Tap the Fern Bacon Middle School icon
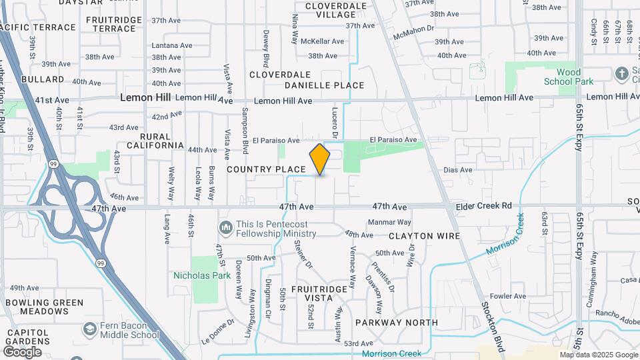89,329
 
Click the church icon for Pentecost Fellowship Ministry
225,229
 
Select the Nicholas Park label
202,275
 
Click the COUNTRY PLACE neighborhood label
266,169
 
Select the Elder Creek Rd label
484,206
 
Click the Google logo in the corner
22,352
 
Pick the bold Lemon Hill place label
145,97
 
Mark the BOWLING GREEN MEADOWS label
45,307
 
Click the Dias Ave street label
457,170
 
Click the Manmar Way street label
389,222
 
